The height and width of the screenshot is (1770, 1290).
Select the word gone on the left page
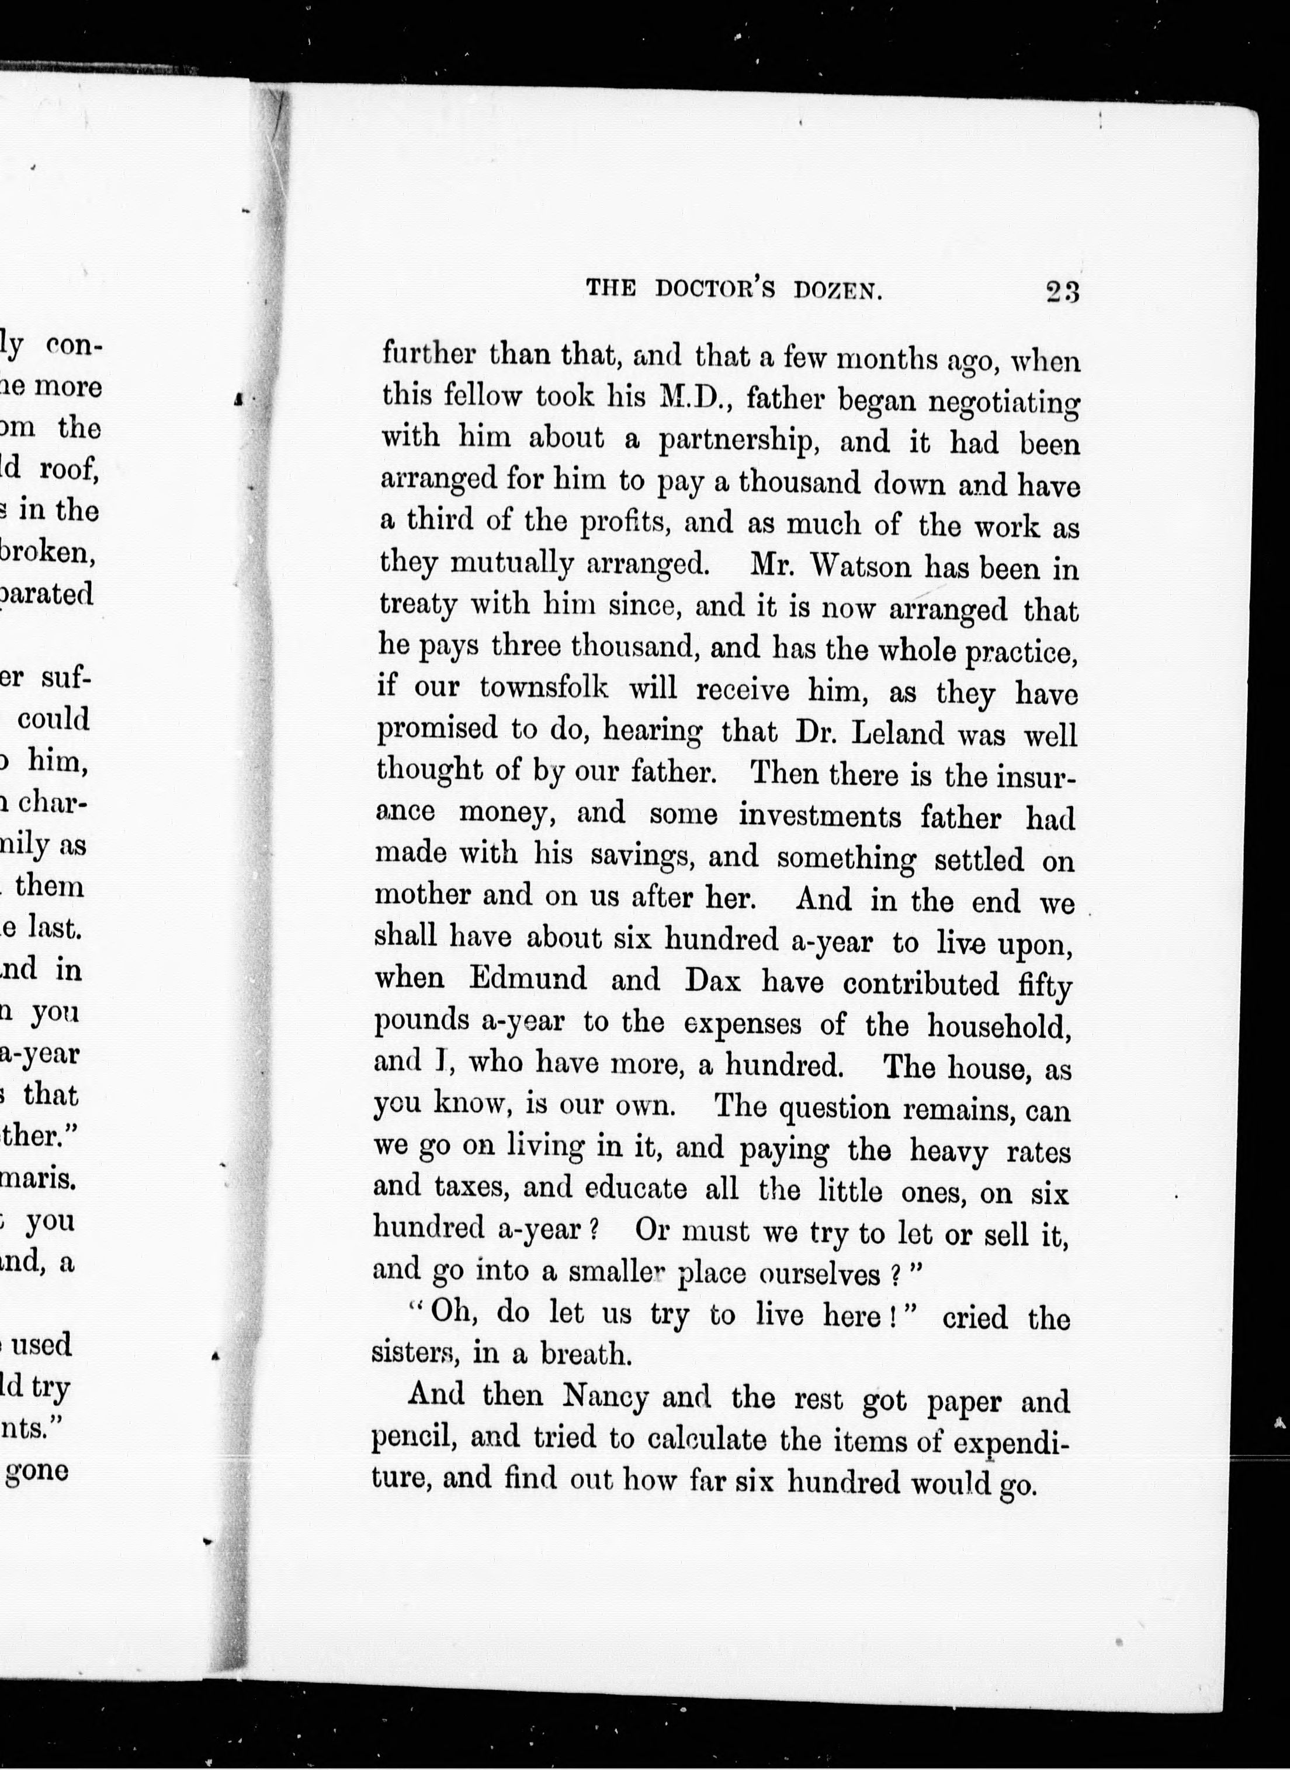click(37, 1471)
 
